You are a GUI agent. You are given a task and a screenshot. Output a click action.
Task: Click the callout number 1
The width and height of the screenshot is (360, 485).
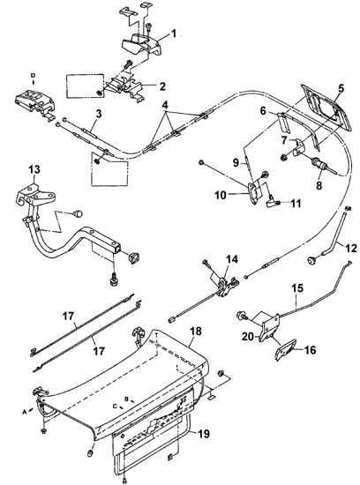tap(174, 34)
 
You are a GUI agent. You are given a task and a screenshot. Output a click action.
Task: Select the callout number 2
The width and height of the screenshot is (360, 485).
tap(162, 86)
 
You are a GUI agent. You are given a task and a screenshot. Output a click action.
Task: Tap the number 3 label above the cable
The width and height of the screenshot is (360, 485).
tap(99, 114)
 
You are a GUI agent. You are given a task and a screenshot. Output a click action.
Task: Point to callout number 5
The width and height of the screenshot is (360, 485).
tap(341, 88)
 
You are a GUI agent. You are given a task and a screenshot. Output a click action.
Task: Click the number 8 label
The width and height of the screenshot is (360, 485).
tap(319, 185)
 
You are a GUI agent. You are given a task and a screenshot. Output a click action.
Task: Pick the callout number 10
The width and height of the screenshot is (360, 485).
tap(221, 195)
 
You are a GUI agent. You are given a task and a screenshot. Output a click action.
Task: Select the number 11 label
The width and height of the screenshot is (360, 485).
tap(296, 203)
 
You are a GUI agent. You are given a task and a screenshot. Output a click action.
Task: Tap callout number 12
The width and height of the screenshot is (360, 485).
tap(351, 248)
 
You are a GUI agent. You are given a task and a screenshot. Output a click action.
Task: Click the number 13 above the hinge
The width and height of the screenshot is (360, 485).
tap(34, 169)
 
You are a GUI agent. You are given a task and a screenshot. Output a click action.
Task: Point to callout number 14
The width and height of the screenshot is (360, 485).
tap(232, 259)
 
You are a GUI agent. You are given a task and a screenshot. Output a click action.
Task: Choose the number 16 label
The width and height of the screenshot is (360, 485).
tap(310, 350)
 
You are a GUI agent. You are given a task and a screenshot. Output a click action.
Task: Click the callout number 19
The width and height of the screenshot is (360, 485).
tap(203, 434)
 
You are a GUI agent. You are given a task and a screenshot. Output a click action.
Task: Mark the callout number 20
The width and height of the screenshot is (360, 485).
tap(248, 336)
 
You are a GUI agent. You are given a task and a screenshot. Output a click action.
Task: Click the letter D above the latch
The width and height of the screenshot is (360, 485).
tap(34, 75)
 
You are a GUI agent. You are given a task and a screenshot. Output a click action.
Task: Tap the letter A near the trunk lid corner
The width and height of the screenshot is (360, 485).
tap(24, 412)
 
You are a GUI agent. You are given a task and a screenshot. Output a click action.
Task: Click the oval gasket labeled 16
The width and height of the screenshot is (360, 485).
tap(284, 350)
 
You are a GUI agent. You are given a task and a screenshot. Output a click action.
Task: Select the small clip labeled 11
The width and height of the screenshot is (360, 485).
tap(273, 203)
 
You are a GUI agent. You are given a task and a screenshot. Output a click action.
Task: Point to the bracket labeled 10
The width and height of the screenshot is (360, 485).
tap(255, 192)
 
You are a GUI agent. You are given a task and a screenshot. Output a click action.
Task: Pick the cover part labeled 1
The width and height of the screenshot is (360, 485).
tap(141, 44)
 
